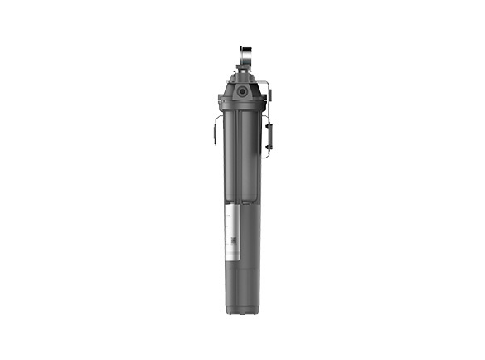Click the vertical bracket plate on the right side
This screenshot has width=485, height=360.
point(267,133)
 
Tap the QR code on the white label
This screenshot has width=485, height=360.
point(234,241)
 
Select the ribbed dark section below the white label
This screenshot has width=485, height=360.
point(241,282)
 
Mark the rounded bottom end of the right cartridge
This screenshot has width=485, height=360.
point(250,199)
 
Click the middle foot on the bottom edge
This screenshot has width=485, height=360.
point(241,315)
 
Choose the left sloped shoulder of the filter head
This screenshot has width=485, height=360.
point(227,88)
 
